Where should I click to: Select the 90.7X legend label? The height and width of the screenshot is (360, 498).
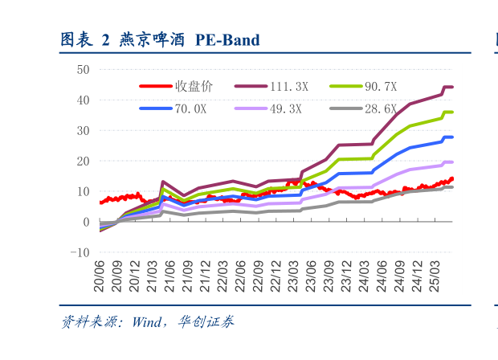(x=381, y=86)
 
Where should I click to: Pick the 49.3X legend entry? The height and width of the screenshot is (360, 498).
(x=285, y=109)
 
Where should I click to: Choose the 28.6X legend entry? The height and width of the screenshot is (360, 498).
(x=381, y=109)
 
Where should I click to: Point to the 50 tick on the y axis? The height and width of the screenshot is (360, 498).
(x=83, y=70)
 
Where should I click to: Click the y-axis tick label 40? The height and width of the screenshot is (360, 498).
(x=83, y=100)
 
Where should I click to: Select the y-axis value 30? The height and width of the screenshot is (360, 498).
(x=83, y=131)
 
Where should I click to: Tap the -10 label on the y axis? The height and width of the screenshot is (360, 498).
(x=80, y=252)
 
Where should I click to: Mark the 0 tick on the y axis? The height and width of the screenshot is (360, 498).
(x=86, y=222)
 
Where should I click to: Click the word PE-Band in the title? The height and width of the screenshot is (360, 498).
(x=228, y=40)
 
